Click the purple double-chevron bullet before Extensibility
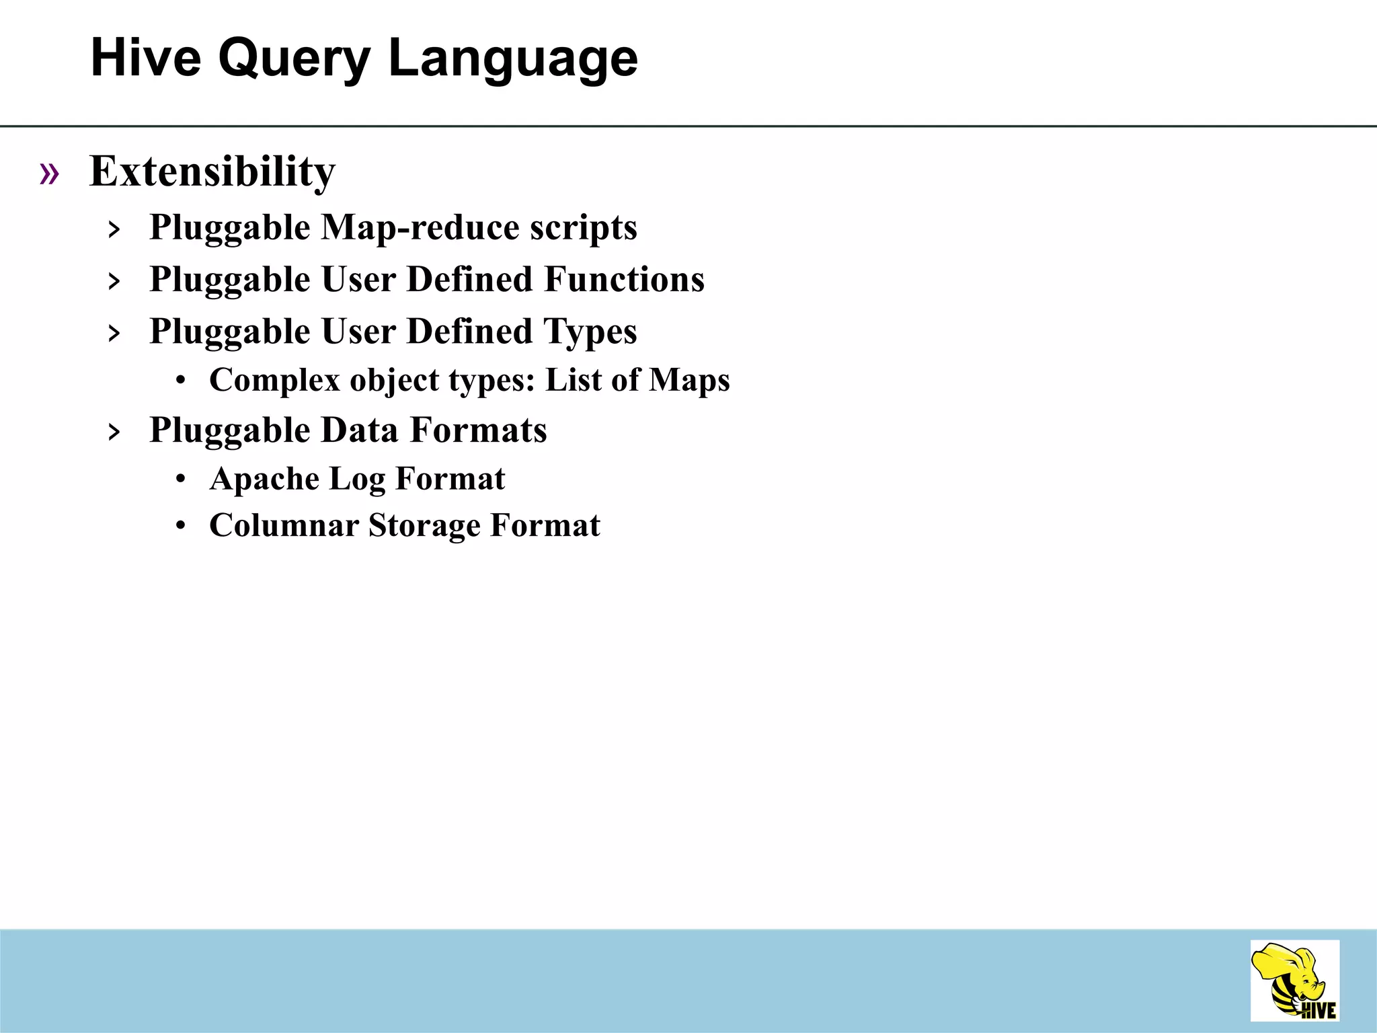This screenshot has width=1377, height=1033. click(49, 174)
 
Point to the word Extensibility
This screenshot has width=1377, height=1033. click(212, 171)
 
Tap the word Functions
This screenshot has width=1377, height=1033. click(624, 279)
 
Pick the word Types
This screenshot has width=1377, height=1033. click(590, 332)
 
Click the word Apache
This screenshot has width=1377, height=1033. click(264, 480)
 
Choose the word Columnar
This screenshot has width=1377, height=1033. click(284, 526)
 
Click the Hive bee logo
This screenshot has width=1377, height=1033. click(1294, 981)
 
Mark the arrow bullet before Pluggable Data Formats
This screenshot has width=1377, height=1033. click(114, 432)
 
